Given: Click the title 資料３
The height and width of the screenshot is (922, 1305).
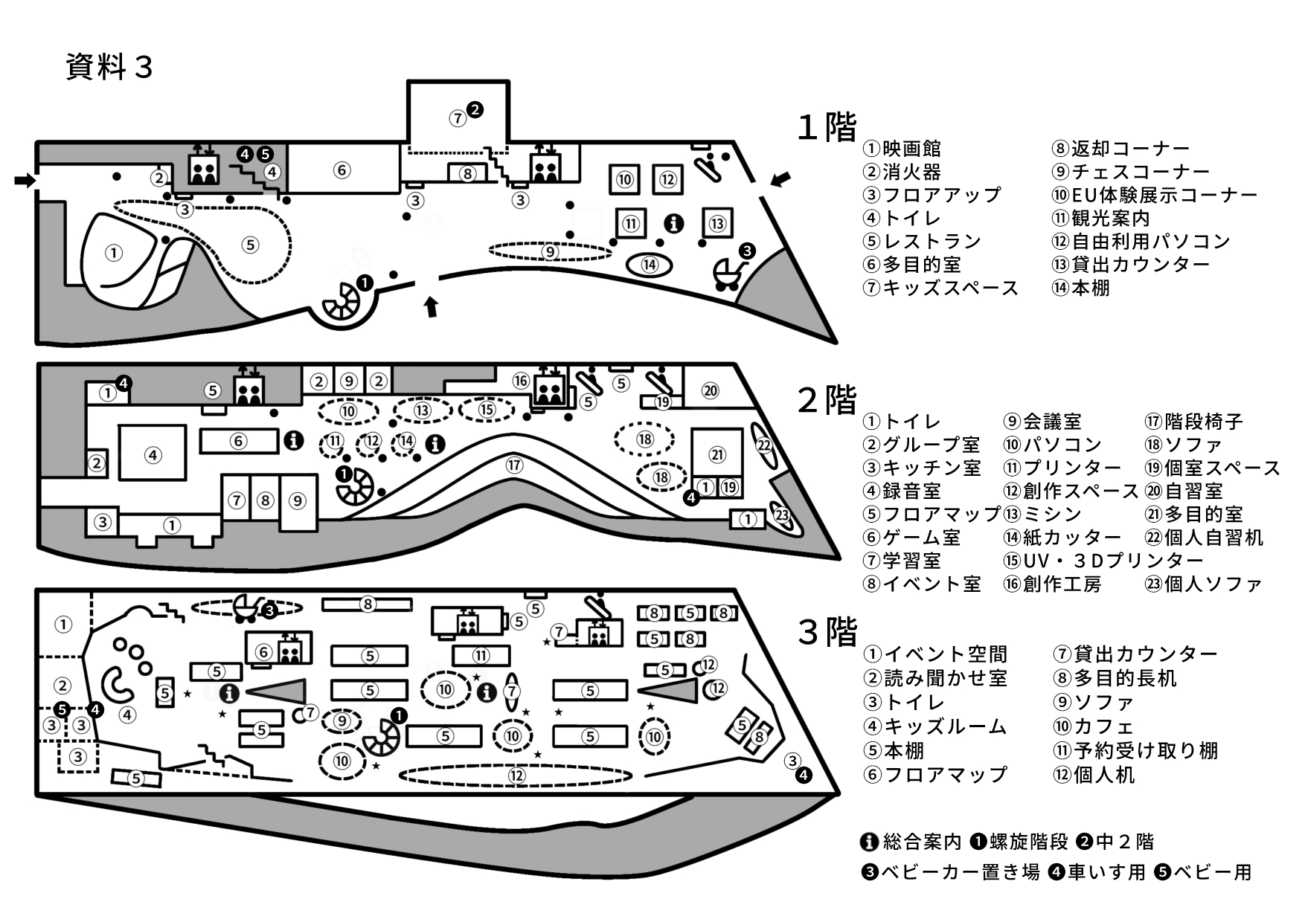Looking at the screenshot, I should [109, 67].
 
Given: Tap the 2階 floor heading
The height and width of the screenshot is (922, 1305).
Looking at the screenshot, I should [827, 400].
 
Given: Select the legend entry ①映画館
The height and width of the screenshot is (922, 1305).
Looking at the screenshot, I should [902, 149].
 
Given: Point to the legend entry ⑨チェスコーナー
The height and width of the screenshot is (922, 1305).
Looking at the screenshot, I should [1130, 172].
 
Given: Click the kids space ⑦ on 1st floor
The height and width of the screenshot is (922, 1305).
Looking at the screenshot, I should [458, 117].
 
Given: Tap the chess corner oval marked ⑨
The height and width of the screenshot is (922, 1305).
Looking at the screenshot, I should [550, 252].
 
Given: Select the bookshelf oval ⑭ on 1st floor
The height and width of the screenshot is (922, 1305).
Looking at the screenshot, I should [650, 264].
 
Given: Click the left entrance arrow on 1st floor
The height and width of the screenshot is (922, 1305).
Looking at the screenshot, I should [25, 180].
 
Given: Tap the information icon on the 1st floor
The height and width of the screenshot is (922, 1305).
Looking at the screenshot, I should [674, 223].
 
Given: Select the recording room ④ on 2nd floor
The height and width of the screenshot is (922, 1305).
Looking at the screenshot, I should [153, 454].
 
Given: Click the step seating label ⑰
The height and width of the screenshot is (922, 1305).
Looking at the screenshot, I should [514, 465].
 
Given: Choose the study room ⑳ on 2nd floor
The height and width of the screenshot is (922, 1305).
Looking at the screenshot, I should [711, 390].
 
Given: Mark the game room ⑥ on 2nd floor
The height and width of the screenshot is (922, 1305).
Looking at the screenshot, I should [238, 441].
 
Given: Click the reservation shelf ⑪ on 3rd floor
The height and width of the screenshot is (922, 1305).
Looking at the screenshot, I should [481, 656].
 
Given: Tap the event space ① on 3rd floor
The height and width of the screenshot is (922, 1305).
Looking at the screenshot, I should [63, 625].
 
